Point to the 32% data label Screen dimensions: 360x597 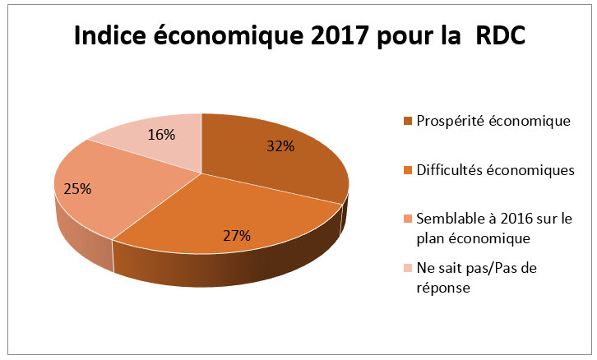click(280, 147)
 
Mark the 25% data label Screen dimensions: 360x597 click(76, 188)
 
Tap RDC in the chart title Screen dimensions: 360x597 click(497, 37)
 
